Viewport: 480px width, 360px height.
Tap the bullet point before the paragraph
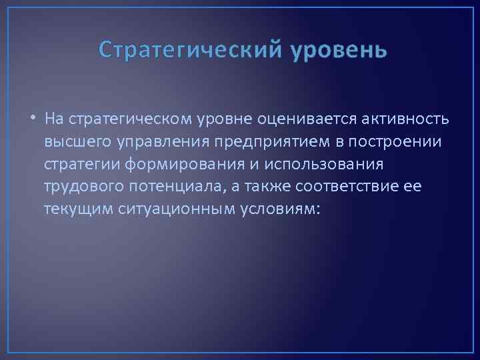click(33, 119)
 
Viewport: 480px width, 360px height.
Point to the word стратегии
click(77, 165)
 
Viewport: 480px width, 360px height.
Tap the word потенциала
click(167, 187)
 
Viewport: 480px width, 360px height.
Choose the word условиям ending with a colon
click(272, 210)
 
